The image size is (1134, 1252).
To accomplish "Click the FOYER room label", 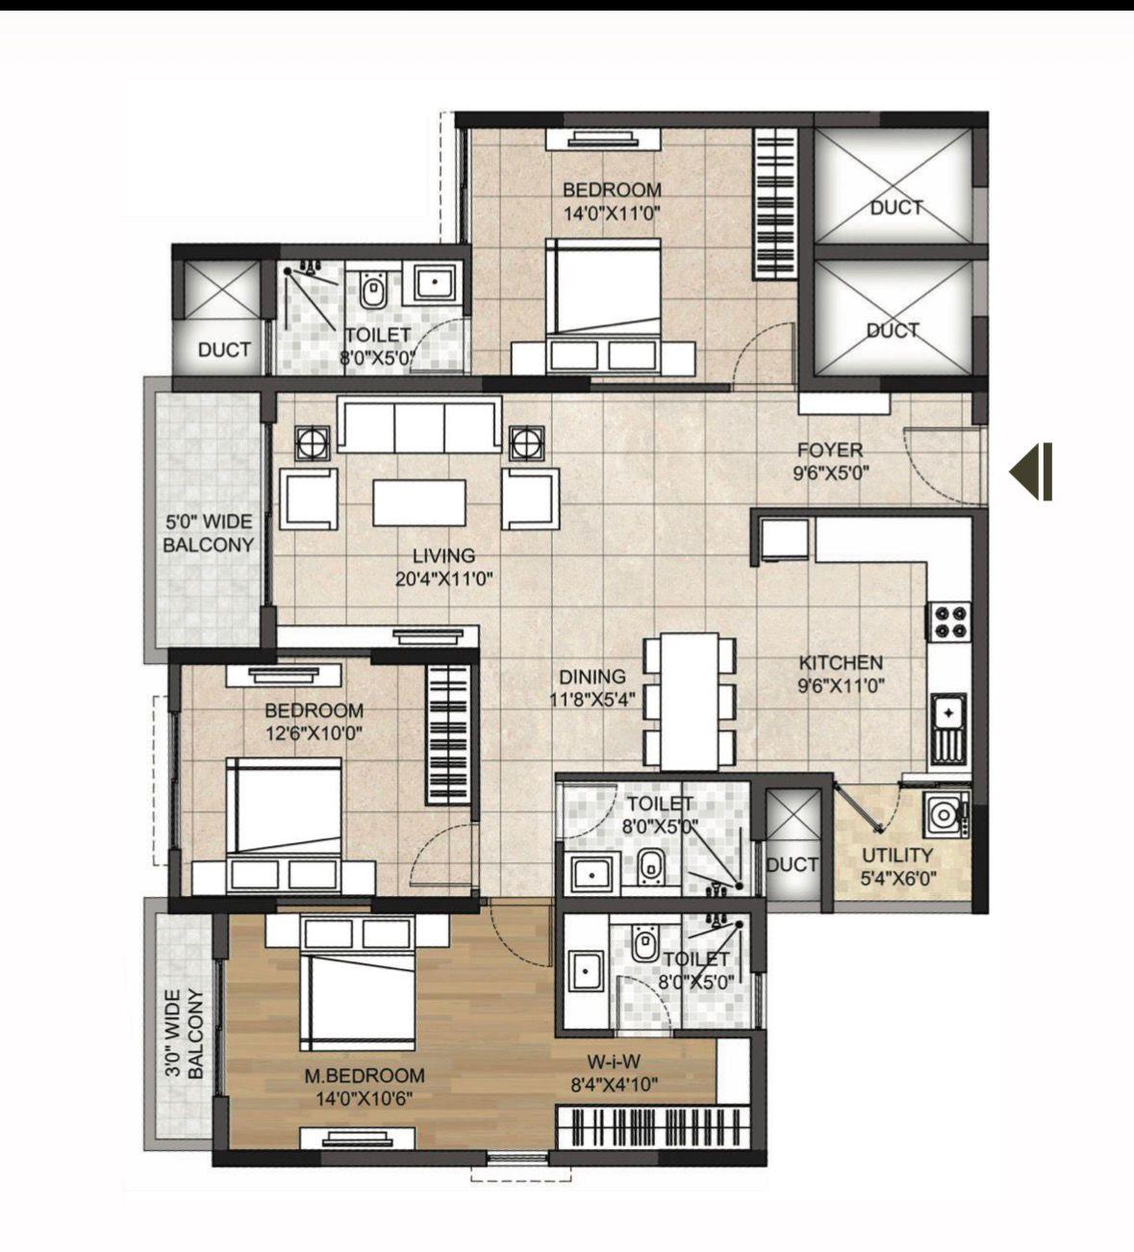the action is (830, 450).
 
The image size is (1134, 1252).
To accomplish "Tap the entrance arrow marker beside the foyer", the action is (1030, 472).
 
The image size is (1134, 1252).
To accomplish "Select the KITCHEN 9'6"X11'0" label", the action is (842, 675).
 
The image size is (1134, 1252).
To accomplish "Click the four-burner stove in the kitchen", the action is (951, 621).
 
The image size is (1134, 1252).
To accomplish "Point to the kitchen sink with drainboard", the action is (948, 729).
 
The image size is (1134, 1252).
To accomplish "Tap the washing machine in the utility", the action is (946, 814).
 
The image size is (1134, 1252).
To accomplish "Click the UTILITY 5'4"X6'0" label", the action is (898, 867).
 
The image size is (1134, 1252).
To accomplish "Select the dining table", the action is (690, 703).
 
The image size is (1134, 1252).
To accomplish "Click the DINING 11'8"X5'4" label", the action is (592, 688).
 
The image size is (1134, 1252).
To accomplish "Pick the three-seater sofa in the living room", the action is (419, 423).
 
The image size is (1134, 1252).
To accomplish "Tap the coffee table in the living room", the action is (419, 502).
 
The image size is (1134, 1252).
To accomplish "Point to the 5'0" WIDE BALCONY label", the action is (209, 533).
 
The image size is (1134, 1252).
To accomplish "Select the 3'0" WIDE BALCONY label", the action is (185, 1034).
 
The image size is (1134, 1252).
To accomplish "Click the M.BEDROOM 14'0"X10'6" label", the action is (365, 1086).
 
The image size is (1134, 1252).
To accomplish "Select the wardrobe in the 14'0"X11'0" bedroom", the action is (776, 204).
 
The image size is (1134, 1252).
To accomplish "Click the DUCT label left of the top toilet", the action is (224, 350).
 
